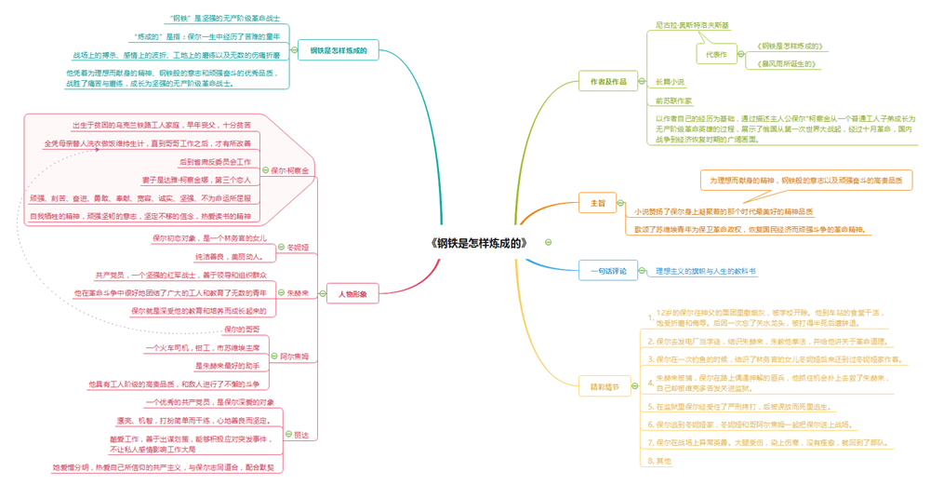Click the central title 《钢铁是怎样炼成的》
tap(479, 243)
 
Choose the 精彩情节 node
tap(604, 386)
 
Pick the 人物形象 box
tap(352, 294)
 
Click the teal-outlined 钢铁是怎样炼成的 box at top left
tap(339, 51)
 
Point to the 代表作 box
tap(716, 55)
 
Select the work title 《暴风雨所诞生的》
tap(788, 65)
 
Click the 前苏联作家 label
tap(673, 101)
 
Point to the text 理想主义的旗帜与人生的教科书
tap(705, 272)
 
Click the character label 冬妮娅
tap(298, 248)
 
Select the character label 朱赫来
tap(298, 293)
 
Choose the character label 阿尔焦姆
tap(295, 357)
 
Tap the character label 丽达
tap(300, 435)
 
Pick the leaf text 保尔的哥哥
tap(242, 330)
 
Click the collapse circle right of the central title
tap(548, 242)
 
